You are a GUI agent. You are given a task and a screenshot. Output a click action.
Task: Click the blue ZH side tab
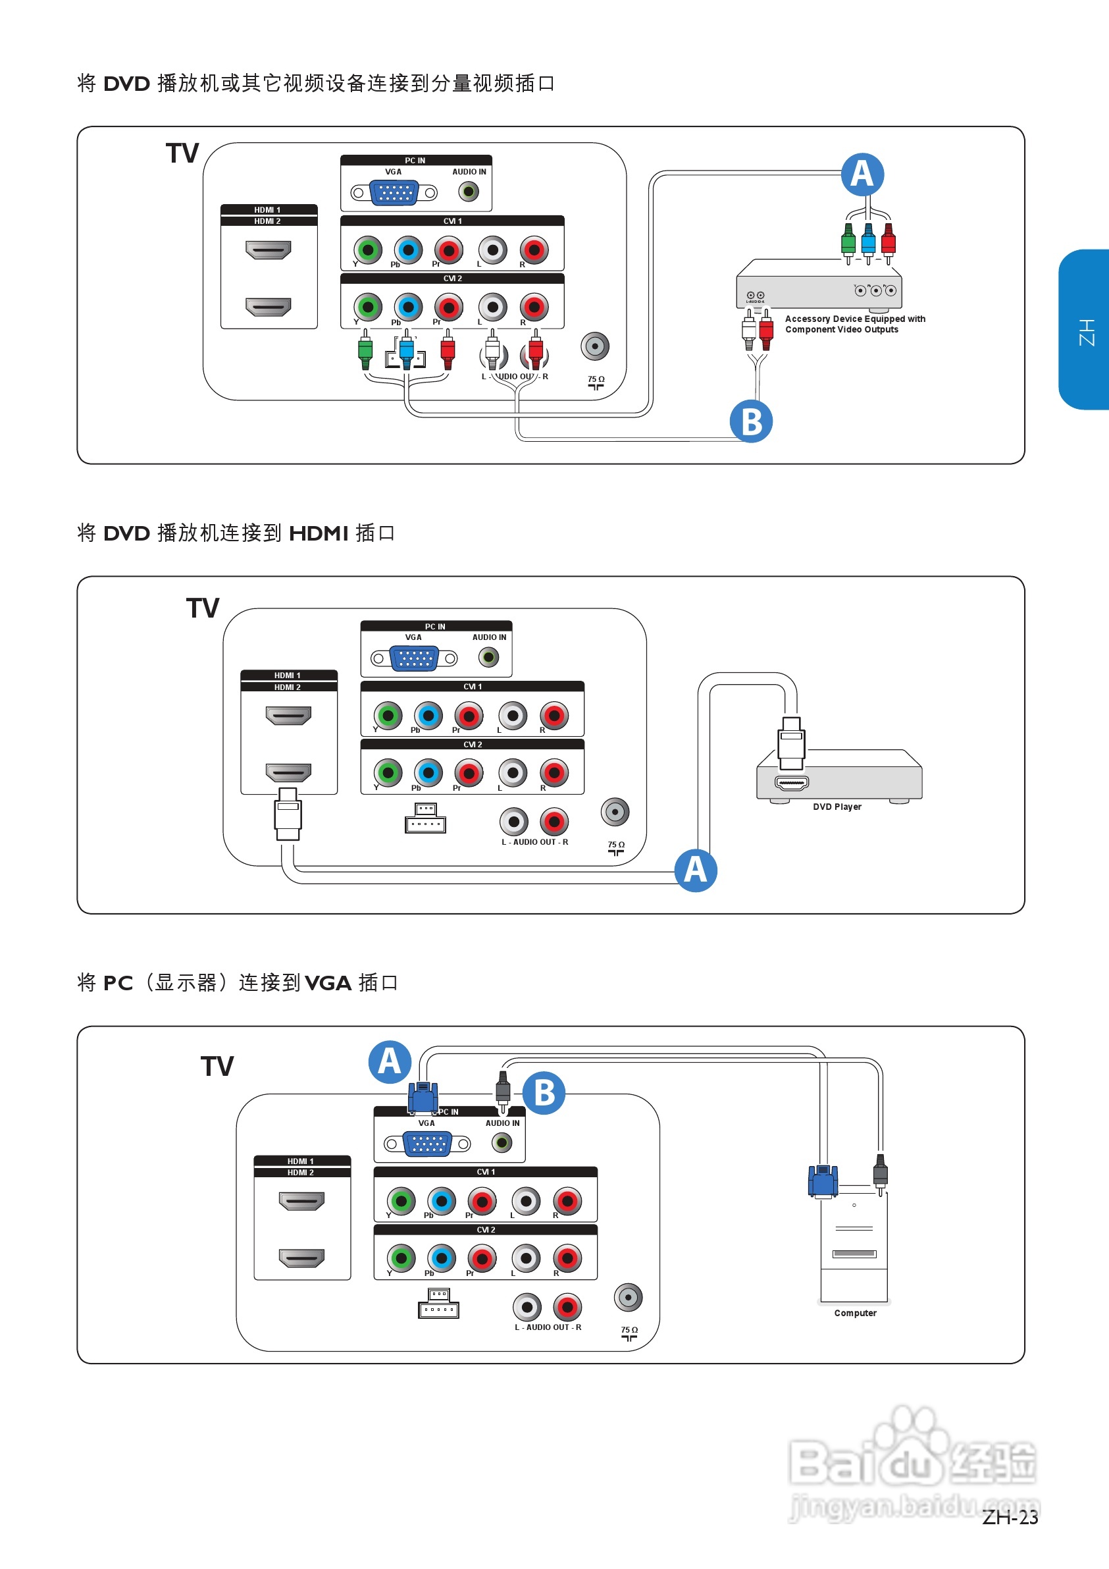(x=1085, y=330)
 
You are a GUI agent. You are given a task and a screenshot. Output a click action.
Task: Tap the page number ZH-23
(x=1009, y=1517)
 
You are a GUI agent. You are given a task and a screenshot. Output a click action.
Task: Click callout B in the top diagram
(x=750, y=421)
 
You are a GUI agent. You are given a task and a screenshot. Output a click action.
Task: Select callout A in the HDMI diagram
(x=695, y=870)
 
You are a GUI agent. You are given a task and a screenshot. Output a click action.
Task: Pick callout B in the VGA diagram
(x=544, y=1093)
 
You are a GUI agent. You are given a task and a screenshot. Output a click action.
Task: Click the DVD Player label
(x=837, y=807)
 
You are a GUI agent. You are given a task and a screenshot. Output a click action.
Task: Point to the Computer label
(x=854, y=1313)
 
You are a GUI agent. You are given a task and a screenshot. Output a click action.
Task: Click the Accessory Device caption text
(x=854, y=324)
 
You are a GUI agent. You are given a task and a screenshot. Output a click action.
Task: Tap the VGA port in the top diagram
(x=394, y=193)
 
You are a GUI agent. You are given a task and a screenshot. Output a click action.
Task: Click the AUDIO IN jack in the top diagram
(x=468, y=192)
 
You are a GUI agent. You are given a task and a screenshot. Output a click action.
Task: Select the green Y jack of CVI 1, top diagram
(x=368, y=250)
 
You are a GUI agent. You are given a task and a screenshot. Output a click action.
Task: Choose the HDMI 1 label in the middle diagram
(x=288, y=675)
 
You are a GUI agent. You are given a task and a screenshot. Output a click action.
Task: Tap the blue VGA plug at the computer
(x=823, y=1181)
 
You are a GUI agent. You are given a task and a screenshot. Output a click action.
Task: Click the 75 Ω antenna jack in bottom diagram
(x=628, y=1297)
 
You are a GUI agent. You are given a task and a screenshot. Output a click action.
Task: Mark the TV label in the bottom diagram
(x=217, y=1066)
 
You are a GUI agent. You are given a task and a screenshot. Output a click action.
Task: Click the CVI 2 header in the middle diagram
(x=472, y=744)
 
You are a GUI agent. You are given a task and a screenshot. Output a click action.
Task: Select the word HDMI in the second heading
(x=319, y=533)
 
